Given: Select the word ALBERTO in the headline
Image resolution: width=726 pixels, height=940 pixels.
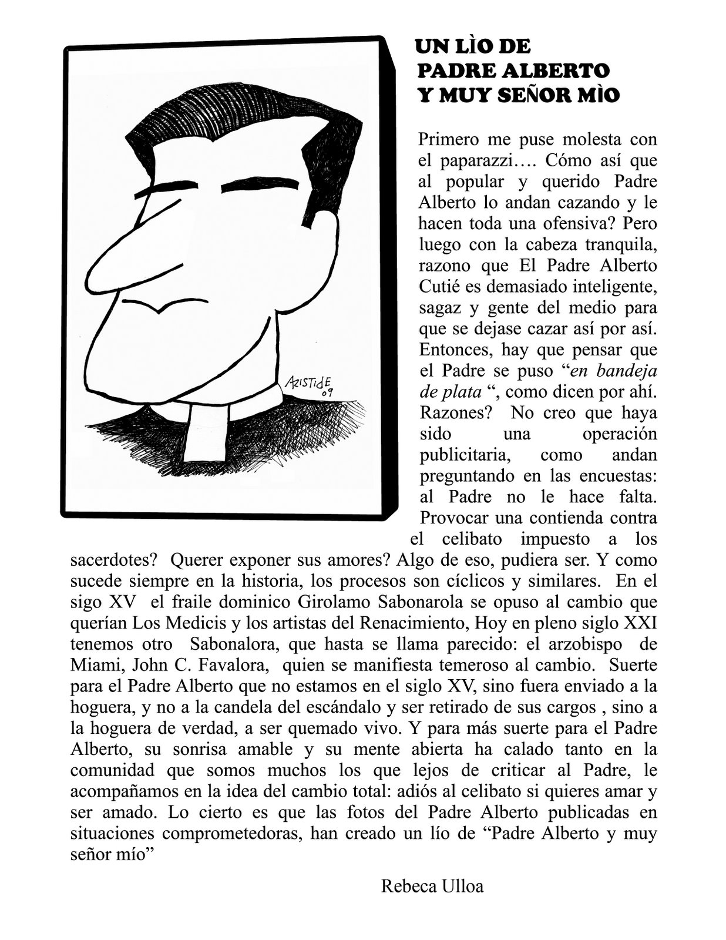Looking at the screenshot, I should point(554,70).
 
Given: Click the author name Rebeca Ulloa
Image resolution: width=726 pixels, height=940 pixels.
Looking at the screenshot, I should point(432,885).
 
